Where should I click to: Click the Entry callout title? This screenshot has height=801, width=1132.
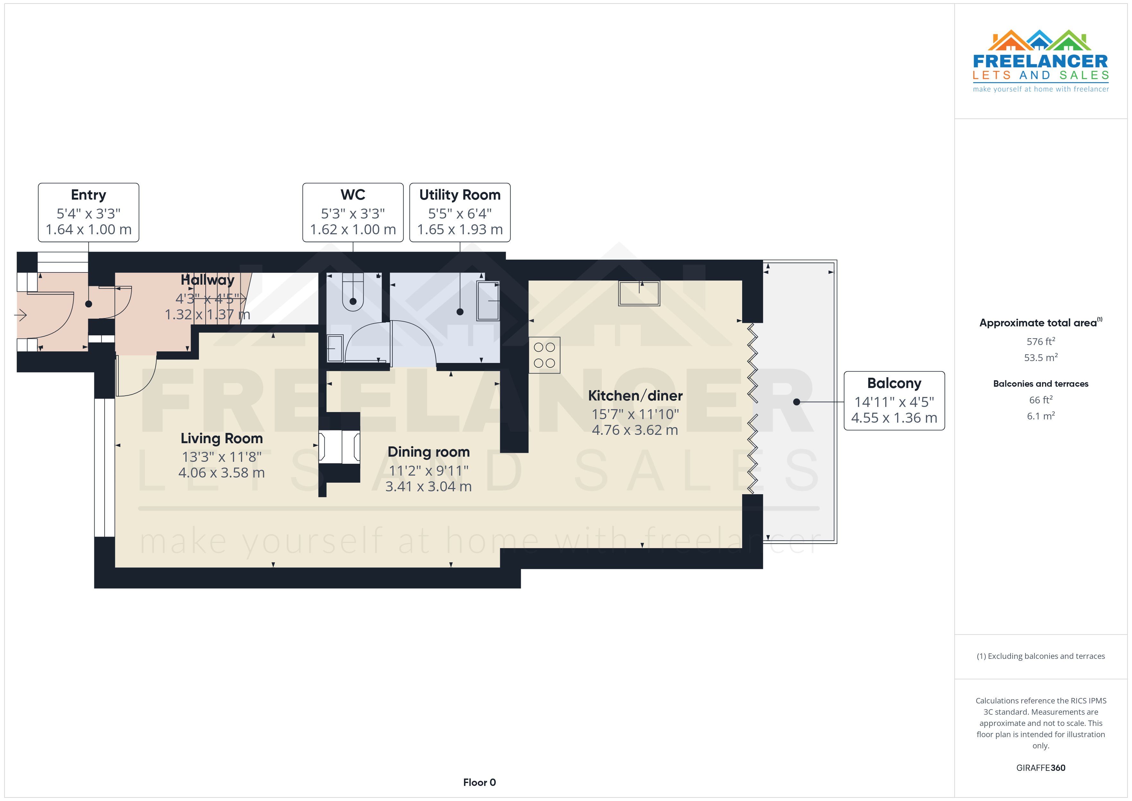[x=88, y=195]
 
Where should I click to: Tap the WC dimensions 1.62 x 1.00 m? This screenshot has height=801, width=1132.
[x=353, y=230]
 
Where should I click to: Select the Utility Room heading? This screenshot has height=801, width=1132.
[x=459, y=195]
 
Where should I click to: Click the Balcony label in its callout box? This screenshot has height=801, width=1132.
[x=894, y=383]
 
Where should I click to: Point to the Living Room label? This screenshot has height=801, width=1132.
[x=221, y=438]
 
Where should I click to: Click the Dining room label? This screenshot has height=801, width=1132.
[x=428, y=452]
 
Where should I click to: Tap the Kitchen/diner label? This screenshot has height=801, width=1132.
[x=635, y=396]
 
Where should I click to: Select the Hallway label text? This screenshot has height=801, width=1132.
[x=207, y=280]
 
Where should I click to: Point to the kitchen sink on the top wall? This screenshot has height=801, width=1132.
[x=639, y=293]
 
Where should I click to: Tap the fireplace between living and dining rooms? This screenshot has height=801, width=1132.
[x=339, y=447]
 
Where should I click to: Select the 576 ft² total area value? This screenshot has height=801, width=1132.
[x=1040, y=341]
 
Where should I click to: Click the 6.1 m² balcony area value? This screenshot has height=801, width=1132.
[x=1040, y=416]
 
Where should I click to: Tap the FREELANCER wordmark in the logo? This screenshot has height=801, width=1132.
[x=1040, y=62]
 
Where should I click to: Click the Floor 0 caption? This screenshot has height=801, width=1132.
[x=479, y=782]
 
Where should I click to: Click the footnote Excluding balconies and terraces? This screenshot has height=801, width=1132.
[x=1040, y=656]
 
